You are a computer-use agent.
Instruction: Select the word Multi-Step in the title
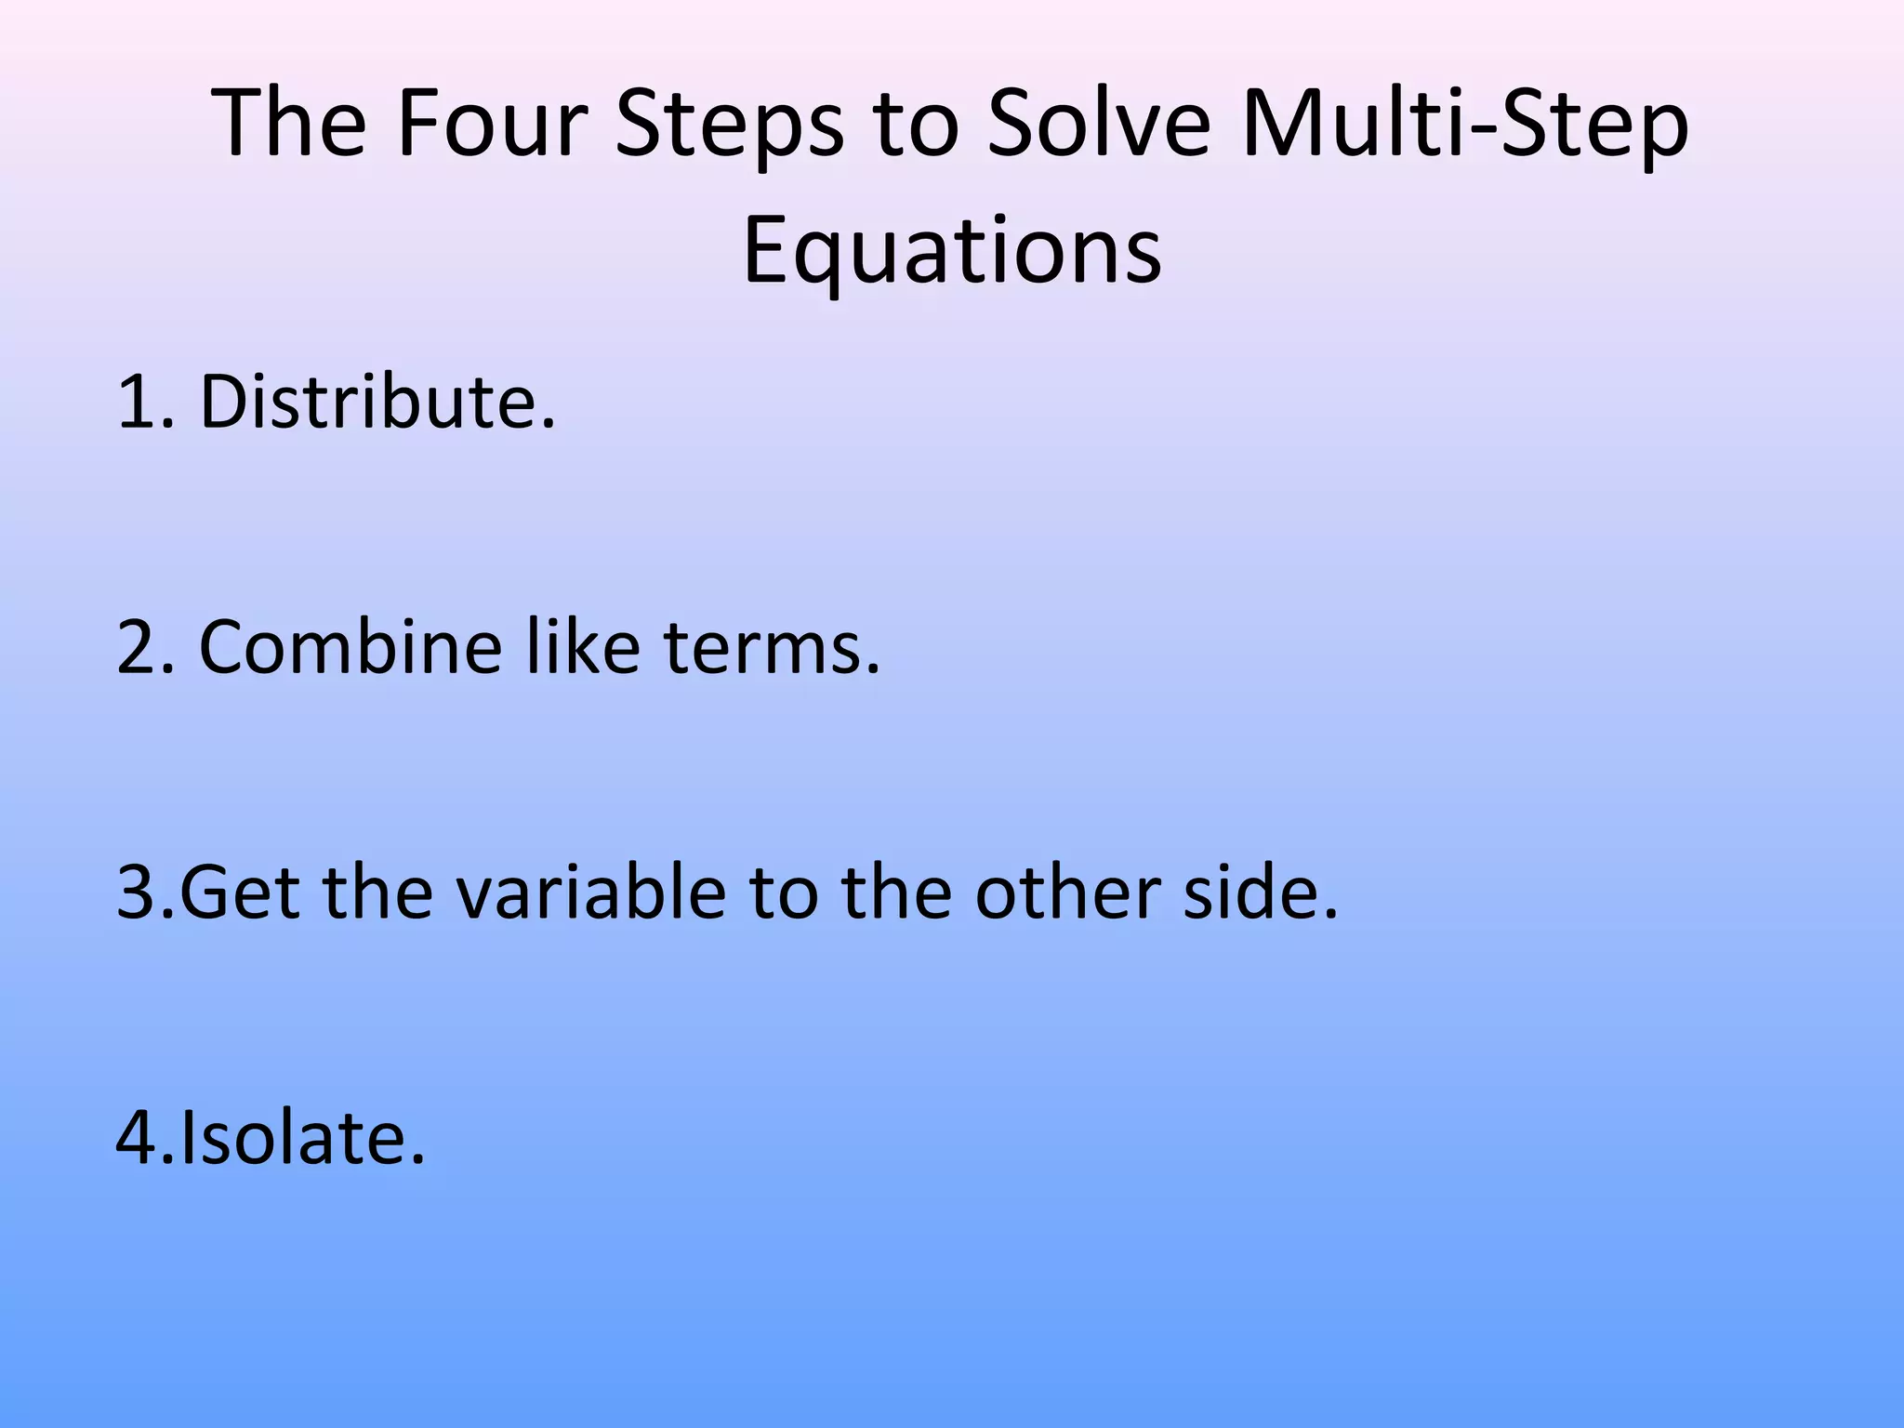[x=1464, y=126]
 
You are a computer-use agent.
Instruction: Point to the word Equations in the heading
[x=952, y=252]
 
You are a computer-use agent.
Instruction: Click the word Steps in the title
[x=729, y=126]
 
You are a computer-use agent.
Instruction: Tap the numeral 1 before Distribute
[x=136, y=403]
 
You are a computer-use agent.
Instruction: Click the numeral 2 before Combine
[x=136, y=649]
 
